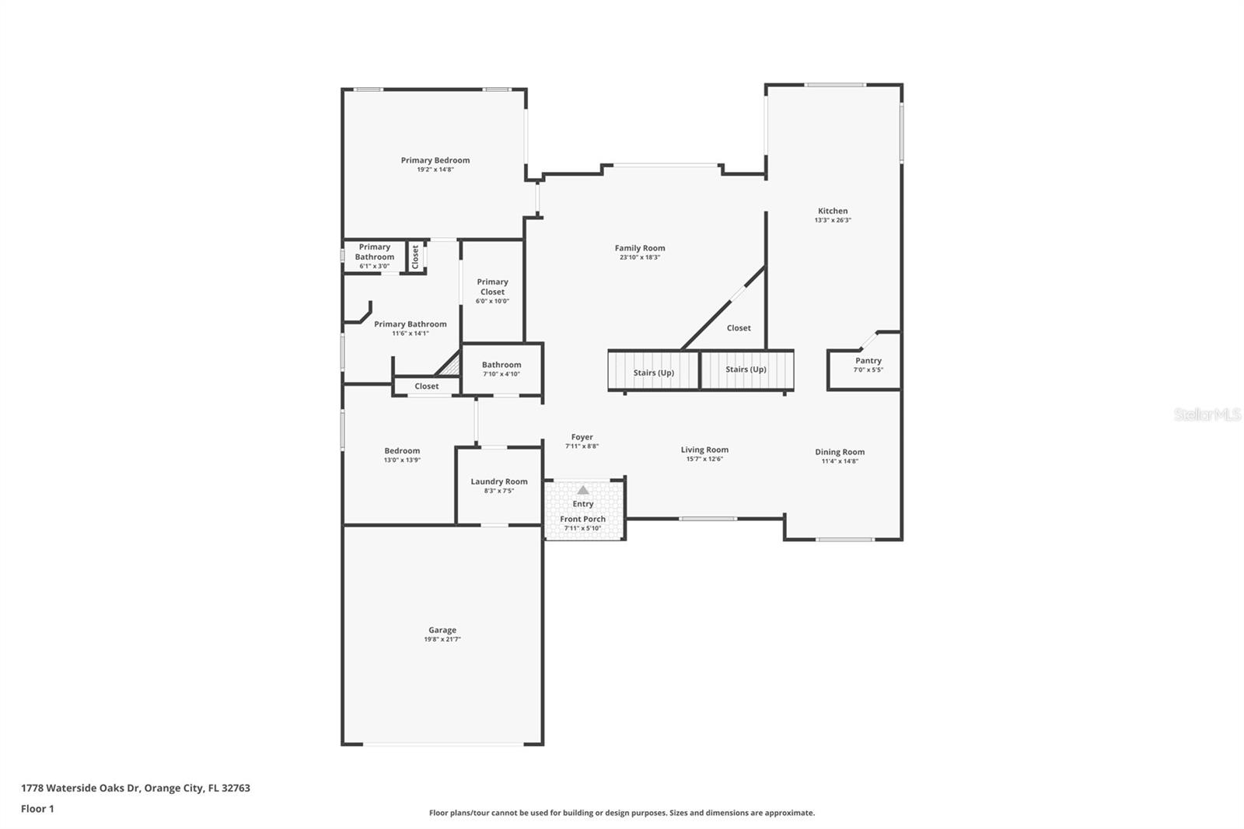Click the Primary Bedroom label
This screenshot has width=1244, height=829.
point(435,160)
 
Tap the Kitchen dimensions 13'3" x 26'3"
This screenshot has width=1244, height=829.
point(833,220)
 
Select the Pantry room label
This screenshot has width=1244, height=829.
point(868,361)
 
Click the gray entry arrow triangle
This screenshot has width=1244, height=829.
point(583,490)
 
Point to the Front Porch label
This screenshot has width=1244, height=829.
point(583,519)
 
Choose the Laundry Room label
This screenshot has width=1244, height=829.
point(499,481)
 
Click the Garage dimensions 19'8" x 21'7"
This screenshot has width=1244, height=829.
point(442,639)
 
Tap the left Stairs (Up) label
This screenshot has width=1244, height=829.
point(654,373)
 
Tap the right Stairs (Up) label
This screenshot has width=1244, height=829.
point(746,369)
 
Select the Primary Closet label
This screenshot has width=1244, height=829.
point(493,287)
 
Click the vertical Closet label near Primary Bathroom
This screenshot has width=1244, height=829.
point(415,257)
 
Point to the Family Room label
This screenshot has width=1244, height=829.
point(640,248)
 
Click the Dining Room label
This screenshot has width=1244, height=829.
point(840,452)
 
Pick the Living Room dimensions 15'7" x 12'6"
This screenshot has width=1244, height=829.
point(704,459)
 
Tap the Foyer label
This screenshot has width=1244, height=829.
point(582,437)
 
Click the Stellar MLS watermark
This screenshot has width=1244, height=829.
point(1207,415)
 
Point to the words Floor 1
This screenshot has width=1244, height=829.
point(37,809)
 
